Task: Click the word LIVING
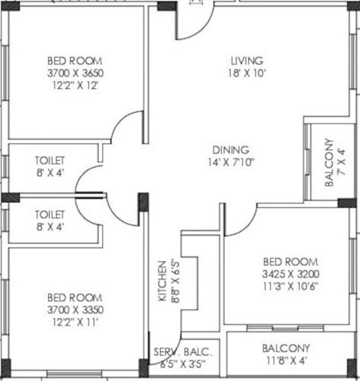click(248, 60)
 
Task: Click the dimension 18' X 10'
click(248, 73)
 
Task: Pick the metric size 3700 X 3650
click(76, 73)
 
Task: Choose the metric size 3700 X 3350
click(76, 309)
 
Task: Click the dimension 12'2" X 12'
click(76, 85)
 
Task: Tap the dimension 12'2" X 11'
click(76, 322)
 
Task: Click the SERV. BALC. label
click(183, 352)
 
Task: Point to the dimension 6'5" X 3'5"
click(183, 364)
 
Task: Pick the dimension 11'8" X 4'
click(286, 361)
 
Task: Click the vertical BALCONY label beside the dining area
click(329, 162)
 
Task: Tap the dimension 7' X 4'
click(341, 162)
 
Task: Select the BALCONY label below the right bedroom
click(286, 348)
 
